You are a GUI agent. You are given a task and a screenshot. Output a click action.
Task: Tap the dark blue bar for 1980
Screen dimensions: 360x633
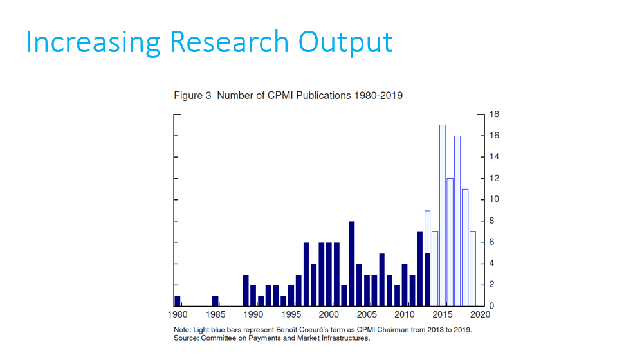178,300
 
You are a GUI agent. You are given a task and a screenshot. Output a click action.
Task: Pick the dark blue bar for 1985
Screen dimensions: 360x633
216,300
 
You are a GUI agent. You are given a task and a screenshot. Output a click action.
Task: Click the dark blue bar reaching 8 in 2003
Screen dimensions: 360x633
352,264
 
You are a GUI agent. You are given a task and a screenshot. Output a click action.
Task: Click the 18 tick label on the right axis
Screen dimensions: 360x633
494,114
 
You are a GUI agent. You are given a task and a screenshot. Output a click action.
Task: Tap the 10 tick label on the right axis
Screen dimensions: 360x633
494,199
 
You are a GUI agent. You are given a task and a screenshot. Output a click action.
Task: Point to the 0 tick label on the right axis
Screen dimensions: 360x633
492,305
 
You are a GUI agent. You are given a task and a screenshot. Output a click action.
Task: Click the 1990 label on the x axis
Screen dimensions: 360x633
253,315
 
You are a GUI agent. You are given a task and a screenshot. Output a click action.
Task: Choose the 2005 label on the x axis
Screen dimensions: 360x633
367,315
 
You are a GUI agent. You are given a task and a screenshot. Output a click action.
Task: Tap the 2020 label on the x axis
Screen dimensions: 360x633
481,315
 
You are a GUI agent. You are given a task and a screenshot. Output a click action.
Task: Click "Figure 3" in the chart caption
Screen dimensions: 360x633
192,96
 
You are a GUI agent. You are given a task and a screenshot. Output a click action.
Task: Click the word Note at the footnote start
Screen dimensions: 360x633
182,330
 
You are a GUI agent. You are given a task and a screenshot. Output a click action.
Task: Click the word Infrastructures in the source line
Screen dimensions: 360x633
344,337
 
